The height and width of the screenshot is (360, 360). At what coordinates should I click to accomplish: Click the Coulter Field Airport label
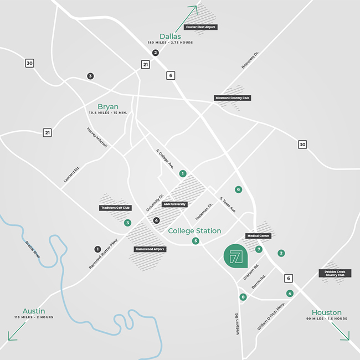tap(201, 27)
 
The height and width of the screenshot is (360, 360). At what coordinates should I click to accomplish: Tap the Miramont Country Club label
tap(233, 98)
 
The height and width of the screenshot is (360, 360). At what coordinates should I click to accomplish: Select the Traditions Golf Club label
tap(115, 208)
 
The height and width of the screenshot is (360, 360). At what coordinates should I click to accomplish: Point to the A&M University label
tap(174, 204)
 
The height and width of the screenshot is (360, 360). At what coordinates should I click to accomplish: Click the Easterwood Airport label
tap(151, 249)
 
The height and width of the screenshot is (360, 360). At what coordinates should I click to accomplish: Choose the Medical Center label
tap(258, 236)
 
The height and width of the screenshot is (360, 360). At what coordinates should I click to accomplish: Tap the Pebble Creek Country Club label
tap(335, 274)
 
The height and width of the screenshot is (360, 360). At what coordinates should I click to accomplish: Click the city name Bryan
tap(108, 106)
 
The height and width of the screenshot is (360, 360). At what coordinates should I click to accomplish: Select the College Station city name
tap(194, 231)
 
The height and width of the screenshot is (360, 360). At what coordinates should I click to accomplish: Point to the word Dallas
tap(170, 37)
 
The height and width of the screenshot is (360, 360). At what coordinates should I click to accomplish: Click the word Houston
tap(326, 312)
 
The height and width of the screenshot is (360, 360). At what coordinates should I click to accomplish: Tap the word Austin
tap(34, 311)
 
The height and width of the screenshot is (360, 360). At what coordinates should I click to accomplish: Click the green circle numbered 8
tap(243, 297)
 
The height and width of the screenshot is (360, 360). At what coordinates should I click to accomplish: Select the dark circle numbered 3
tap(90, 76)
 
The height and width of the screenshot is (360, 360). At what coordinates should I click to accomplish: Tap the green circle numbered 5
tap(196, 241)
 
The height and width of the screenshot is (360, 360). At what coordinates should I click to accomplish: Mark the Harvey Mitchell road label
tap(97, 137)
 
